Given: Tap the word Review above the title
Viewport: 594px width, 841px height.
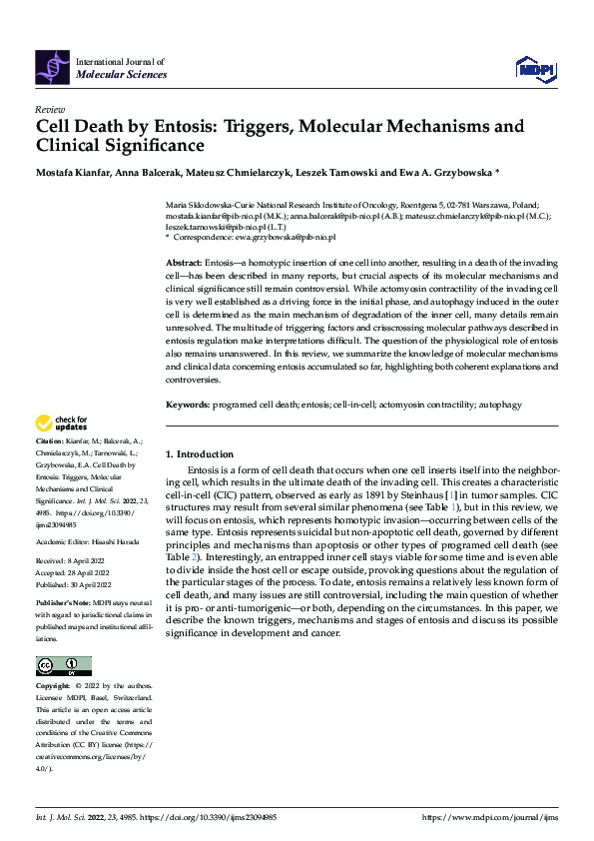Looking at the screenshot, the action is pos(49,109).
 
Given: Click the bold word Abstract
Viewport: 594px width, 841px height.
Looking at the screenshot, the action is pos(186,261).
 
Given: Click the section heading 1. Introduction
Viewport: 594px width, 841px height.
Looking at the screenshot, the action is pos(200,453).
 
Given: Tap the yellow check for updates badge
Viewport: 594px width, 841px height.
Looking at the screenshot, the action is pos(63,423).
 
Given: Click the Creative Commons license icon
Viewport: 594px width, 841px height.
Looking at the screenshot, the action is pos(63,665).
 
